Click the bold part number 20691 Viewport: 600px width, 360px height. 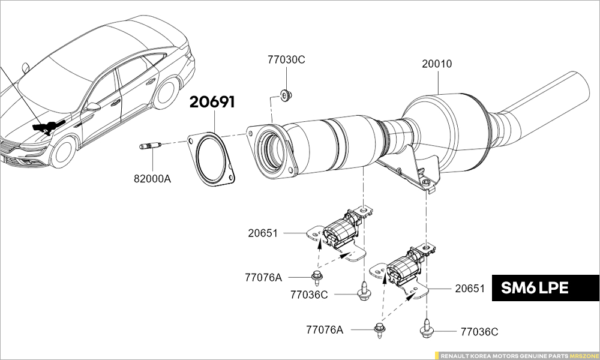click(x=212, y=102)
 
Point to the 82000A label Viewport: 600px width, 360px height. click(x=152, y=178)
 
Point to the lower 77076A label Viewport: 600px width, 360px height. click(x=325, y=329)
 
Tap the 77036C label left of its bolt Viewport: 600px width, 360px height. click(x=309, y=295)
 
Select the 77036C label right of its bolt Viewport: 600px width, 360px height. click(x=479, y=331)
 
